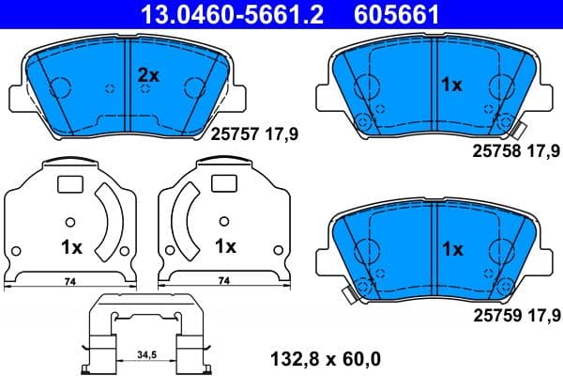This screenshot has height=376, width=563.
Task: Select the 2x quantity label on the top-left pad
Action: pos(150,75)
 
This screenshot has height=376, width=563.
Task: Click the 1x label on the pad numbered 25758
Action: pos(451,85)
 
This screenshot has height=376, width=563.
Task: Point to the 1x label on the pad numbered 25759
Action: pos(451,250)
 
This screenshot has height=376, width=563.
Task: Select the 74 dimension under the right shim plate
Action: pos(222,280)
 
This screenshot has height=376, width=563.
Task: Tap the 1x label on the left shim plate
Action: pos(71,248)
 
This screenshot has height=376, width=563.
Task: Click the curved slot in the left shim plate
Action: pos(114,223)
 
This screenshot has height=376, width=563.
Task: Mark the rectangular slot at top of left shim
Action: pos(70,185)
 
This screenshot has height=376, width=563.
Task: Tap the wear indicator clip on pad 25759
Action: pos(349,295)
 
